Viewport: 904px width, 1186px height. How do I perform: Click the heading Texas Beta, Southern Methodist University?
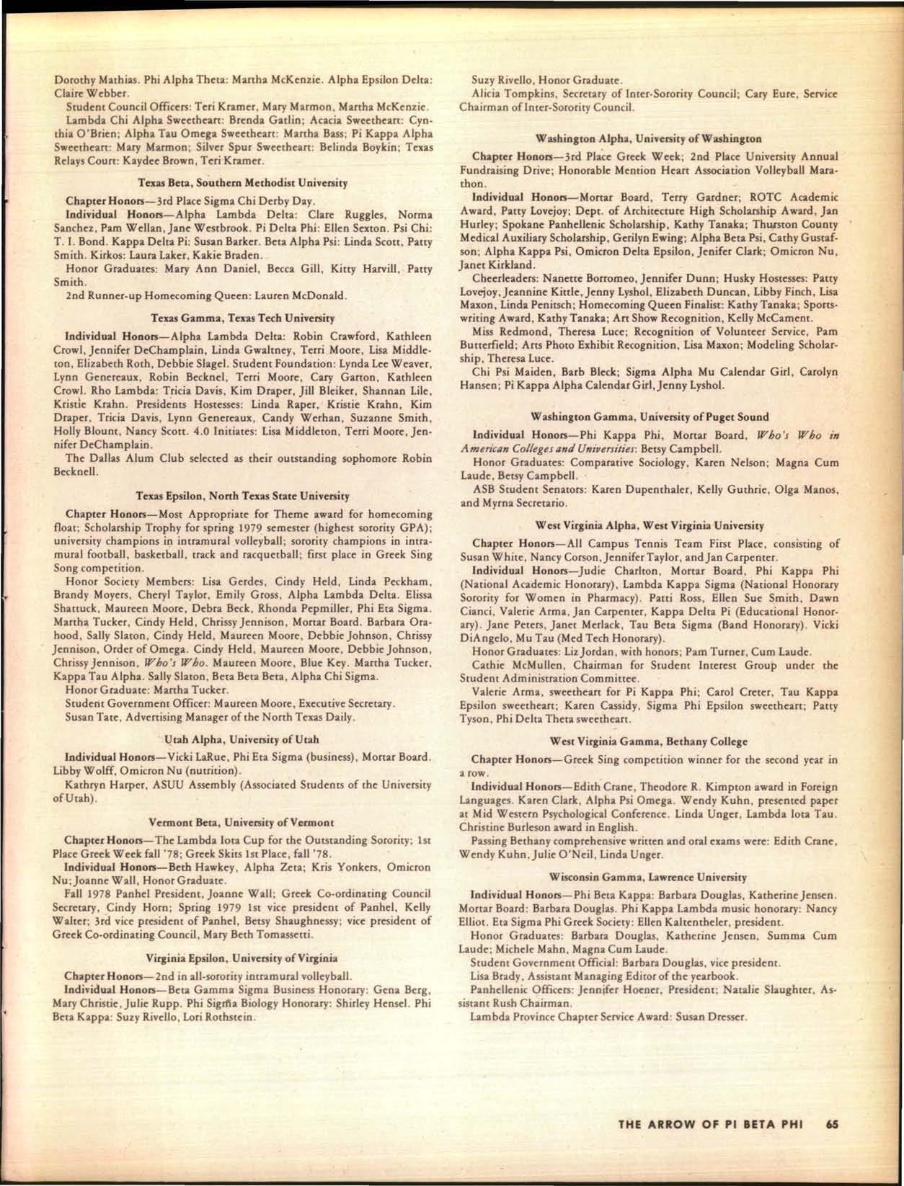[x=243, y=184]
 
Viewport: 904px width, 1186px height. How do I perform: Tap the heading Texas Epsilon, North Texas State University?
[x=243, y=496]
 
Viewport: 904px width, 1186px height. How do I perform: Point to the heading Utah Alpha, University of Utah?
[x=242, y=739]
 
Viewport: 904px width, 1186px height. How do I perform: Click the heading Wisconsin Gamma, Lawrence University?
[x=649, y=878]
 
